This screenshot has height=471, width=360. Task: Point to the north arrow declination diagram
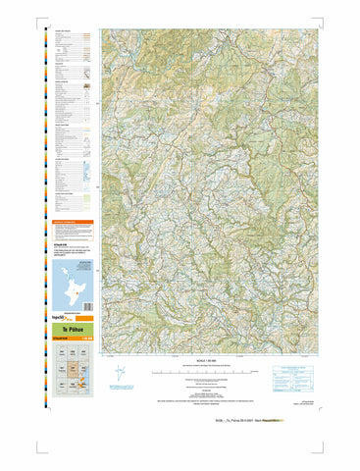click(121, 374)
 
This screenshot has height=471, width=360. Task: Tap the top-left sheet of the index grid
click(62, 351)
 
